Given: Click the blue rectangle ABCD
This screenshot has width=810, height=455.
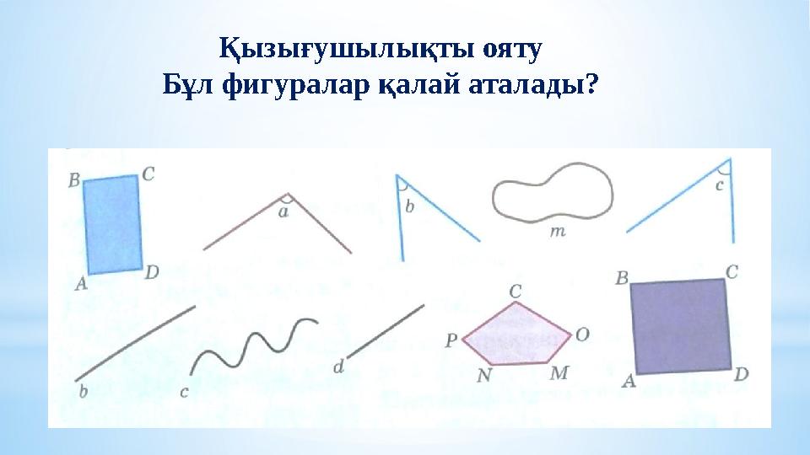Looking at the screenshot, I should coord(112,224).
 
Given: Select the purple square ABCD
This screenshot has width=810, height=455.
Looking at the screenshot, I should coord(680,326).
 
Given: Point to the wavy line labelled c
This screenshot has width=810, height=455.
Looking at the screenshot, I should coord(253,344).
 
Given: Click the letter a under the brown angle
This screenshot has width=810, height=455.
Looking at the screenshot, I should coord(283,213).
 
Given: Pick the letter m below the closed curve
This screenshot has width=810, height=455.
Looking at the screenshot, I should coord(558,230).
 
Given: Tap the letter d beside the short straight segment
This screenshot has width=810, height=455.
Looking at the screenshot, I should coord(339,367).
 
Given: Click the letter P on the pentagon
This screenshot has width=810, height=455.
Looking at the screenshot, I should coord(451,340).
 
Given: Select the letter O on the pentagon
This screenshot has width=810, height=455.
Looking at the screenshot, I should coord(581,335).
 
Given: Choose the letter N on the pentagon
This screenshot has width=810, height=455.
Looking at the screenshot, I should coord(483,376).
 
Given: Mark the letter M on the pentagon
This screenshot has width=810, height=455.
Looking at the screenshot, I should coord(558,372).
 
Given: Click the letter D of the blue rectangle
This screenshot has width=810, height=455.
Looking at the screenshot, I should coord(152,272).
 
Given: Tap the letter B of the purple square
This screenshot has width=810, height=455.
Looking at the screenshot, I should coord(622,276).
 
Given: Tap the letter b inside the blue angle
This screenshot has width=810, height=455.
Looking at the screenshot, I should coord(410,206).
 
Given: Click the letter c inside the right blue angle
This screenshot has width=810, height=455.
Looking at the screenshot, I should coord(720,186).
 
